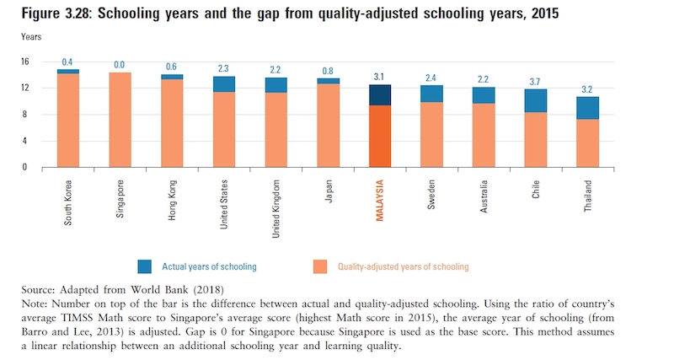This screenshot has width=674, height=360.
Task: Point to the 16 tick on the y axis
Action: click(x=24, y=62)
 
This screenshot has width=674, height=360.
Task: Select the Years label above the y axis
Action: click(x=30, y=38)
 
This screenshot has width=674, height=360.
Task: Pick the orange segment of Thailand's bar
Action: click(x=587, y=142)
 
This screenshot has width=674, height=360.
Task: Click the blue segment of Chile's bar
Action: click(x=535, y=100)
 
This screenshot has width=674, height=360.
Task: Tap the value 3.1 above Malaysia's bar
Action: click(x=380, y=77)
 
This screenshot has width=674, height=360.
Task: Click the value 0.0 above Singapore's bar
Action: click(x=120, y=64)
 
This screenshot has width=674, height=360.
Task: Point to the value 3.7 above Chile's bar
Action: click(x=535, y=81)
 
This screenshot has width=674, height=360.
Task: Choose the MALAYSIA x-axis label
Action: click(x=381, y=201)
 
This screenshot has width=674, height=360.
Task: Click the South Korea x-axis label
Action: click(x=68, y=203)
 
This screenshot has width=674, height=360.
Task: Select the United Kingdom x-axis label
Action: click(x=276, y=207)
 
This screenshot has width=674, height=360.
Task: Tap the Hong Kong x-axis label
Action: click(x=173, y=201)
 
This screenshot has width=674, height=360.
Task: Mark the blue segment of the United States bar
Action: click(x=224, y=83)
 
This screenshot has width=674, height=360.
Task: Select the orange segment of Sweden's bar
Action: click(x=432, y=134)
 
